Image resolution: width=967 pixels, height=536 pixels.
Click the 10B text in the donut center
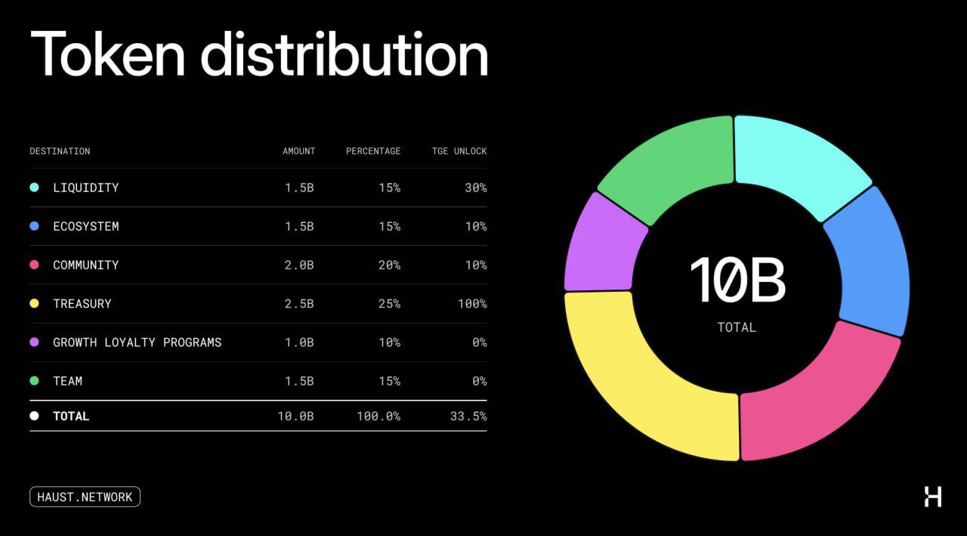click(737, 280)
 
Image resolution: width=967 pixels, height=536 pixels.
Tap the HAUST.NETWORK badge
click(85, 497)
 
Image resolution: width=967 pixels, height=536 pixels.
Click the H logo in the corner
click(933, 497)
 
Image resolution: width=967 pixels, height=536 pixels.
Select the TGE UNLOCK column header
click(459, 151)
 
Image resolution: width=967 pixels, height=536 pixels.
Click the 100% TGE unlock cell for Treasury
click(472, 304)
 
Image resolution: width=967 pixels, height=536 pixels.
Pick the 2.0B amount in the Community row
click(299, 265)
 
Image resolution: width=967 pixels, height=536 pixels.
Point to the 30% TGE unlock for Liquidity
click(476, 187)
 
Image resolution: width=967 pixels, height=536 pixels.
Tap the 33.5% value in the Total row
click(469, 417)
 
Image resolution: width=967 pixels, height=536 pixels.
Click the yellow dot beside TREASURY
click(34, 304)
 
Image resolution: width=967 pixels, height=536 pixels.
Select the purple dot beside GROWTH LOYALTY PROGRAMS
click(34, 342)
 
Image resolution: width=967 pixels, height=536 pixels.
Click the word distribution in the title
click(344, 54)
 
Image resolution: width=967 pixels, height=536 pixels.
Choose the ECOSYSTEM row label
click(85, 226)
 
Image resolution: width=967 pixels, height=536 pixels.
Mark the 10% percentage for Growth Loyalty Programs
click(390, 342)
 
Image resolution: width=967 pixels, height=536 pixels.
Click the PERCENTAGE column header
click(373, 151)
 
